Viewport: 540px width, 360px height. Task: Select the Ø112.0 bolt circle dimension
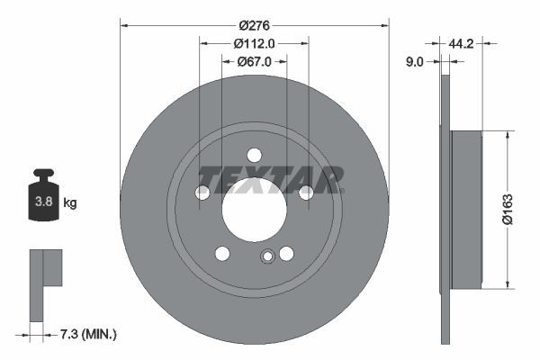coord(254,43)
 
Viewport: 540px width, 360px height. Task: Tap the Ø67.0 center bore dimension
coord(254,61)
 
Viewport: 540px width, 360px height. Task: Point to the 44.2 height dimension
coord(463,42)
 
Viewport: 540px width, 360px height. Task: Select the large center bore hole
coord(254,209)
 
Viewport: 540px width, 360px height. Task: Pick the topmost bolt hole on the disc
coord(254,155)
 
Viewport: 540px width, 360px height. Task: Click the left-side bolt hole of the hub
coord(202,193)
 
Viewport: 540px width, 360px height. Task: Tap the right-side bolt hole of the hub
coord(306,193)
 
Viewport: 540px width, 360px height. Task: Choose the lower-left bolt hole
coord(222,254)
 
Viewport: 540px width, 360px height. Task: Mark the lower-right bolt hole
coord(286,254)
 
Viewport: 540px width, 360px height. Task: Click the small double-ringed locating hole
coord(266,258)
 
